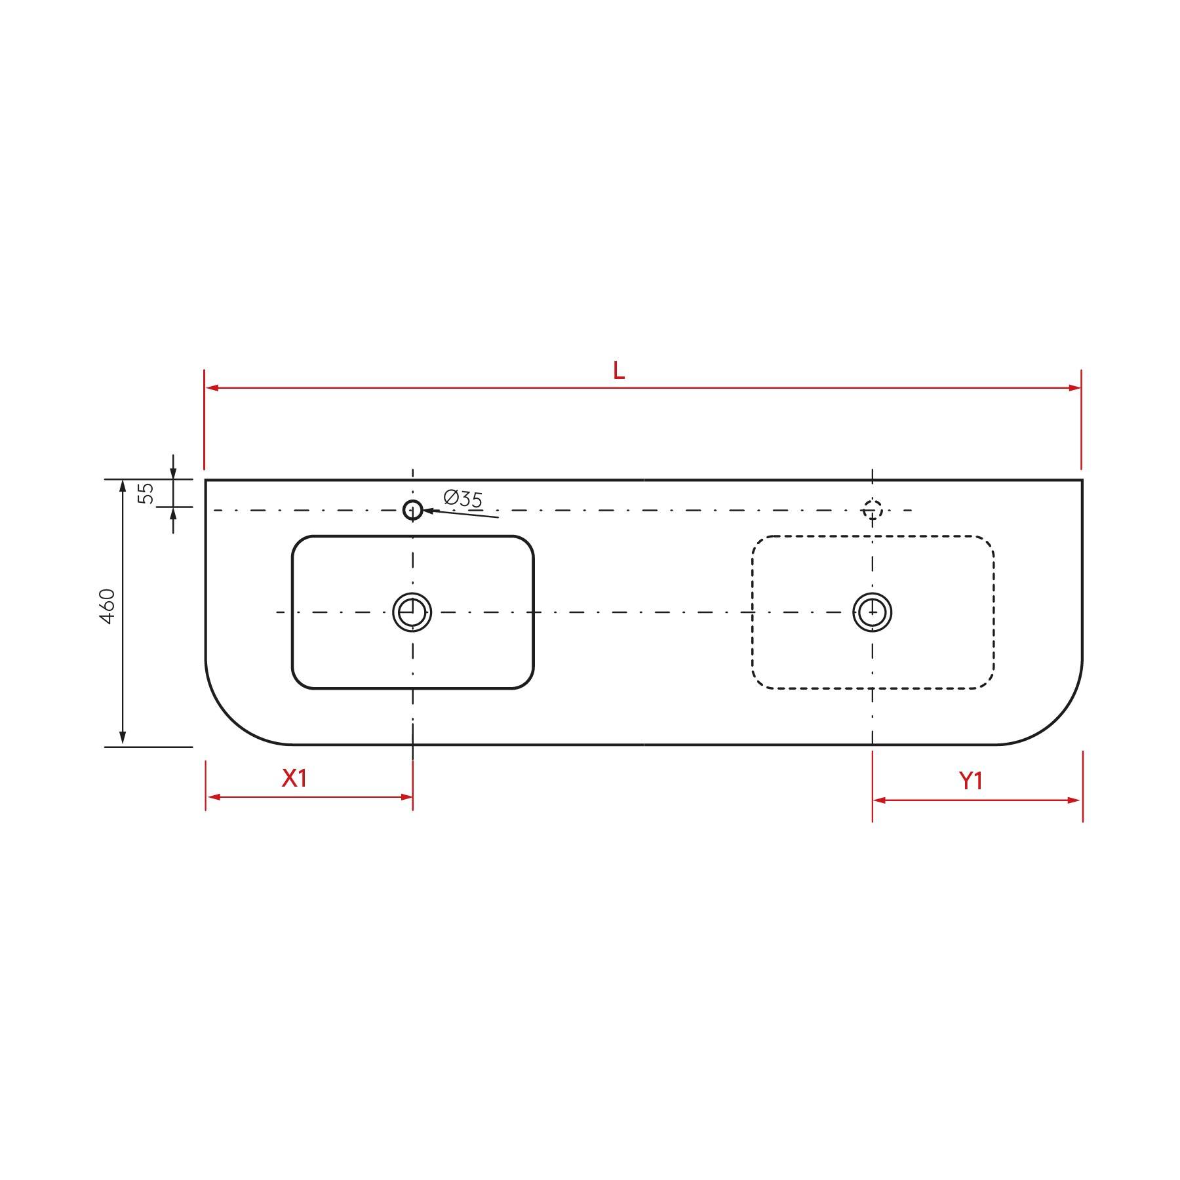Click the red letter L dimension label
click(x=618, y=371)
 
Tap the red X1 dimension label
click(x=294, y=778)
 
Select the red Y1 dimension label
click(x=971, y=781)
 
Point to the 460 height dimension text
click(x=108, y=606)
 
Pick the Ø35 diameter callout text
click(x=463, y=498)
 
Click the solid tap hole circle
click(x=412, y=509)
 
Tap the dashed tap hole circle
click(x=873, y=509)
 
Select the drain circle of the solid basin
click(x=412, y=612)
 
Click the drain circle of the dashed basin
click(x=873, y=612)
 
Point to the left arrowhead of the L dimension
click(x=212, y=388)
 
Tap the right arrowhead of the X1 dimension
click(x=406, y=797)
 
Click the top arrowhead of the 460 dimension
click(x=123, y=486)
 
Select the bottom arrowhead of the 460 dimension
click(x=123, y=739)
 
